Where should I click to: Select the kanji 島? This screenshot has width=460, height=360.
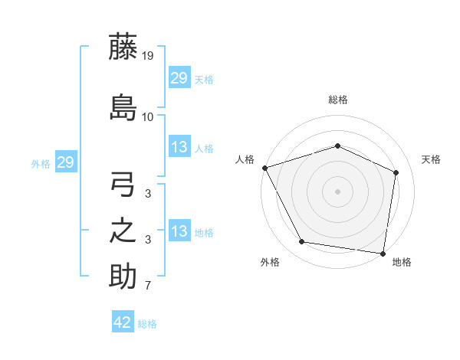tap(123, 106)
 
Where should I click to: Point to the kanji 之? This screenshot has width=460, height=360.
tap(123, 231)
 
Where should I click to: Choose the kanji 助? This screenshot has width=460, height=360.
tap(123, 276)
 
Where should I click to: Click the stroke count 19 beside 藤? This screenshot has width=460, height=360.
tap(148, 55)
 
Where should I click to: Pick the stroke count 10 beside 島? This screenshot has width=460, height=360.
tap(148, 117)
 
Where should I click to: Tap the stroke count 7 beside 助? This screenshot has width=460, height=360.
tap(148, 286)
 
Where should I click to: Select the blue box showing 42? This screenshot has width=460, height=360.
tap(123, 322)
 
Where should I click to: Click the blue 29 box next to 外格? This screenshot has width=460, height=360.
tap(65, 162)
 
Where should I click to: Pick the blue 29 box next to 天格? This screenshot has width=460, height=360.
tap(179, 78)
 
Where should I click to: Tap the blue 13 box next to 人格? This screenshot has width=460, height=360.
tap(179, 147)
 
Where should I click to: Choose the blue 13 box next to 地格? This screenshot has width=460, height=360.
tap(179, 231)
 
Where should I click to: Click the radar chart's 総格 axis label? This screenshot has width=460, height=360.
tap(338, 100)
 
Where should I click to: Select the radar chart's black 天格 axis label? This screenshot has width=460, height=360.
tap(432, 159)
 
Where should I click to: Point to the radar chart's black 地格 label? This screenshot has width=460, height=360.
tap(402, 262)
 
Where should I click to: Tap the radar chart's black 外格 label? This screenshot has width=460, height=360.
tap(270, 262)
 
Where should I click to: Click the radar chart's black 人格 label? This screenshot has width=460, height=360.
tap(245, 159)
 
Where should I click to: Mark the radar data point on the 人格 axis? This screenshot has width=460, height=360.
tap(264, 168)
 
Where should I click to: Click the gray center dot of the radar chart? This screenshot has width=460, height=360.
tap(337, 191)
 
